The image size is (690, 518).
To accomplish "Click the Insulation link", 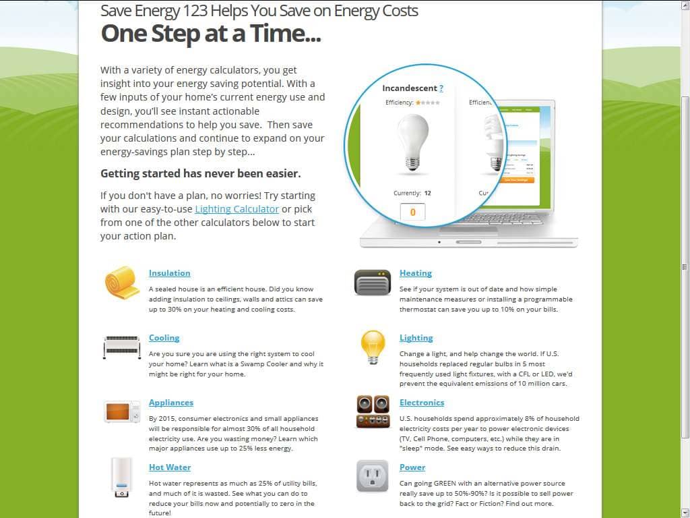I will (x=169, y=273).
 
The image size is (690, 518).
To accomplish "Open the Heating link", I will (x=415, y=273).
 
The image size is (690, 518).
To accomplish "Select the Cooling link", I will (x=164, y=338).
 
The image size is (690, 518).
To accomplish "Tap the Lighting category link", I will (x=416, y=338).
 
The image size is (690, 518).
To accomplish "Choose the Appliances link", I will (x=170, y=403).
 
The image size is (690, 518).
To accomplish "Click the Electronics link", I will (x=421, y=403).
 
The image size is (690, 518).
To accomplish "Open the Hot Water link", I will (x=169, y=467).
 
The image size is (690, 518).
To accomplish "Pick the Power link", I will (x=412, y=467).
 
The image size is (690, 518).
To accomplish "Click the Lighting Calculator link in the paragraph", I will (x=237, y=209).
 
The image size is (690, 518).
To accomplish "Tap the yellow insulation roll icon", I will (x=122, y=282).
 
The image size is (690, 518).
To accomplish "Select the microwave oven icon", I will (x=122, y=411).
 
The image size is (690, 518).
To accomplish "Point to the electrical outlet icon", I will (x=373, y=476).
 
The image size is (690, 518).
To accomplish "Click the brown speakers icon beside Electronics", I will (x=373, y=411).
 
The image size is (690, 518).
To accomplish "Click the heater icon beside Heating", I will (x=373, y=282).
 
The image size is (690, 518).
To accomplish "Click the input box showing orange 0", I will (x=412, y=212).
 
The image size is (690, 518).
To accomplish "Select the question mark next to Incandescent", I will (x=441, y=88).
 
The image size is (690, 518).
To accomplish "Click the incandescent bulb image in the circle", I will (x=412, y=142).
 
